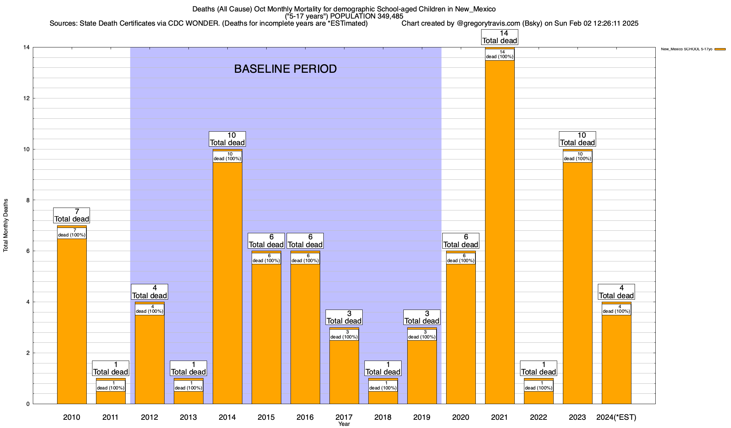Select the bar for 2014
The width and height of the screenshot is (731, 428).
pos(227,285)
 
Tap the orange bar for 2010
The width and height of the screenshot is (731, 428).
pos(72,321)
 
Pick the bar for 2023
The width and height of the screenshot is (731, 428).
pos(578,285)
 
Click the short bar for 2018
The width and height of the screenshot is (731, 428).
pos(383,398)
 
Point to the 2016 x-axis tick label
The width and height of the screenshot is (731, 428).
pos(305,417)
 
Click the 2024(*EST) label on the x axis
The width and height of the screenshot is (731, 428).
pos(616,417)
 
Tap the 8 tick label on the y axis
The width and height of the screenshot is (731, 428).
pos(28,200)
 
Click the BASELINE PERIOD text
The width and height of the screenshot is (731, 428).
pos(286,69)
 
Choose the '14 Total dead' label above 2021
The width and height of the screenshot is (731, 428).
pos(500,37)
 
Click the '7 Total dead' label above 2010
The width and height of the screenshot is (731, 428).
pos(72,215)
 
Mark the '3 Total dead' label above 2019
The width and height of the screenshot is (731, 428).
pos(422,317)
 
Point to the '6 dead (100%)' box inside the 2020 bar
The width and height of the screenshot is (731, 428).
pos(461,259)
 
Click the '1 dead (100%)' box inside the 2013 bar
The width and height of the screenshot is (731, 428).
pos(188,386)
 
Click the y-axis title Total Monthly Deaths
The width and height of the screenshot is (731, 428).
pos(6,225)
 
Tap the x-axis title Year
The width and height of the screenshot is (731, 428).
pos(344,424)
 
